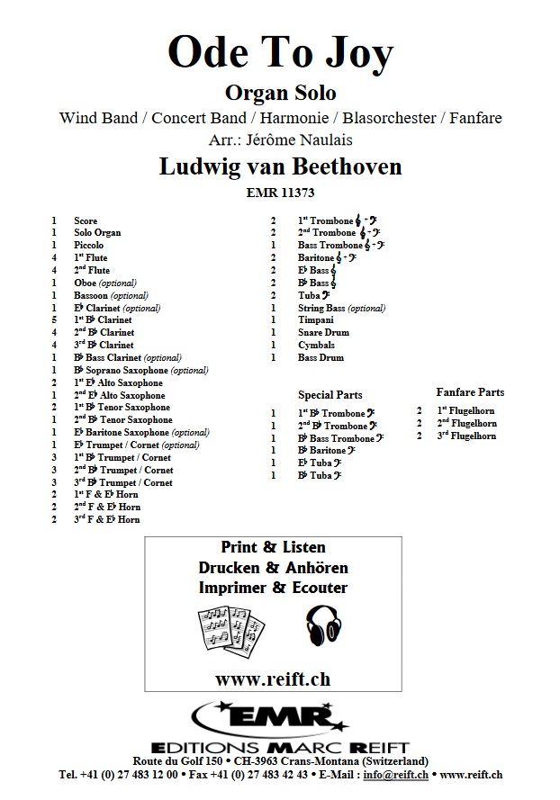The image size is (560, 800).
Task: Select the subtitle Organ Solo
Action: point(279,93)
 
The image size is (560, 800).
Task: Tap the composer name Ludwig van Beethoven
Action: point(279,166)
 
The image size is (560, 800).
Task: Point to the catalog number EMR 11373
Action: point(279,191)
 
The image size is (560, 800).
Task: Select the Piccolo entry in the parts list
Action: point(90,246)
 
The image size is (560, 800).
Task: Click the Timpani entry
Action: point(316,320)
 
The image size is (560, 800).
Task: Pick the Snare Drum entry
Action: point(322,333)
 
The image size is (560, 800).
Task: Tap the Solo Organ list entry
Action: point(97,233)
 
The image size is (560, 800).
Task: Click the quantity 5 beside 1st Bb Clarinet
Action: point(54,320)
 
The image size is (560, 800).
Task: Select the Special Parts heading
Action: point(330,395)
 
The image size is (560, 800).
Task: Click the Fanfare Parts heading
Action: point(470,392)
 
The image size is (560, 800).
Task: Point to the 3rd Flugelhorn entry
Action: point(466,436)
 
